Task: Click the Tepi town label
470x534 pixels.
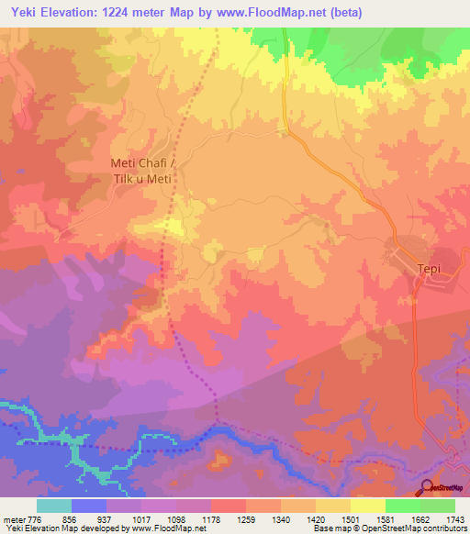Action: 430,270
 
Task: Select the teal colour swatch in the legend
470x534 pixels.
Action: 53,506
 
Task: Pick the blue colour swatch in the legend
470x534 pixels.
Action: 88,506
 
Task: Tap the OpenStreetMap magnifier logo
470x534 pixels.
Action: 428,487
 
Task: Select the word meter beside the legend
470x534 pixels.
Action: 14,518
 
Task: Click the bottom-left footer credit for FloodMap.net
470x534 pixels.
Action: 81,528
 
